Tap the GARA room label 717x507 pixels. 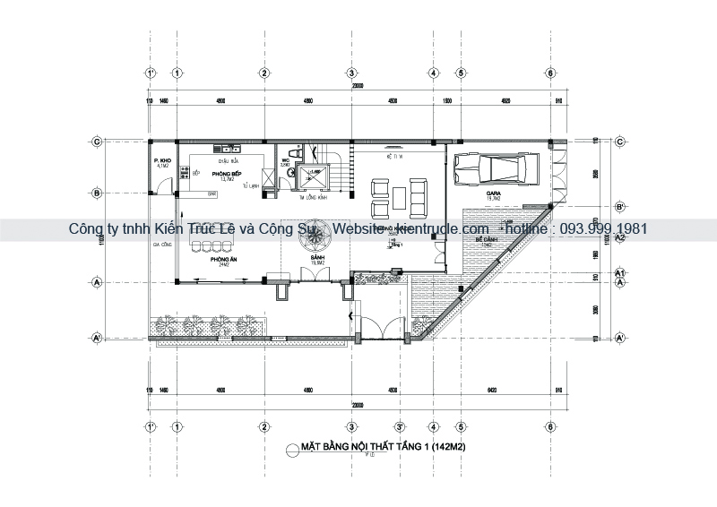[494, 193]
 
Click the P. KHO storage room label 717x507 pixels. [162, 161]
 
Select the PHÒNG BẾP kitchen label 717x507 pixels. [222, 172]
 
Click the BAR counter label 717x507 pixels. [212, 193]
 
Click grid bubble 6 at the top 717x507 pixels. [549, 73]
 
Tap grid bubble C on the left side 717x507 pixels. [96, 141]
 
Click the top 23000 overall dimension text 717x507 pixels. [358, 85]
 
